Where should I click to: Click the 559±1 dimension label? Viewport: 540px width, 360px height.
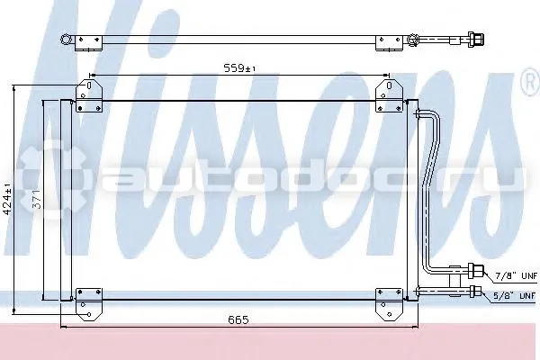239,67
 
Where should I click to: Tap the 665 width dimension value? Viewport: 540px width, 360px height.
238,320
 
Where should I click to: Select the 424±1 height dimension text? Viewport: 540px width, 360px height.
8,200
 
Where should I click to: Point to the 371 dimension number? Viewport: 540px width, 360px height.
37,199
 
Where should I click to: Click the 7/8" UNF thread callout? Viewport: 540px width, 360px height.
516,275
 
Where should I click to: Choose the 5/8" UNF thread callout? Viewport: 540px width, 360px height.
515,295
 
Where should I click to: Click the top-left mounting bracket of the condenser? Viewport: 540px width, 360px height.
89,95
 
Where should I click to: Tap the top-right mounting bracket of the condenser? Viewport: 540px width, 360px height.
389,95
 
